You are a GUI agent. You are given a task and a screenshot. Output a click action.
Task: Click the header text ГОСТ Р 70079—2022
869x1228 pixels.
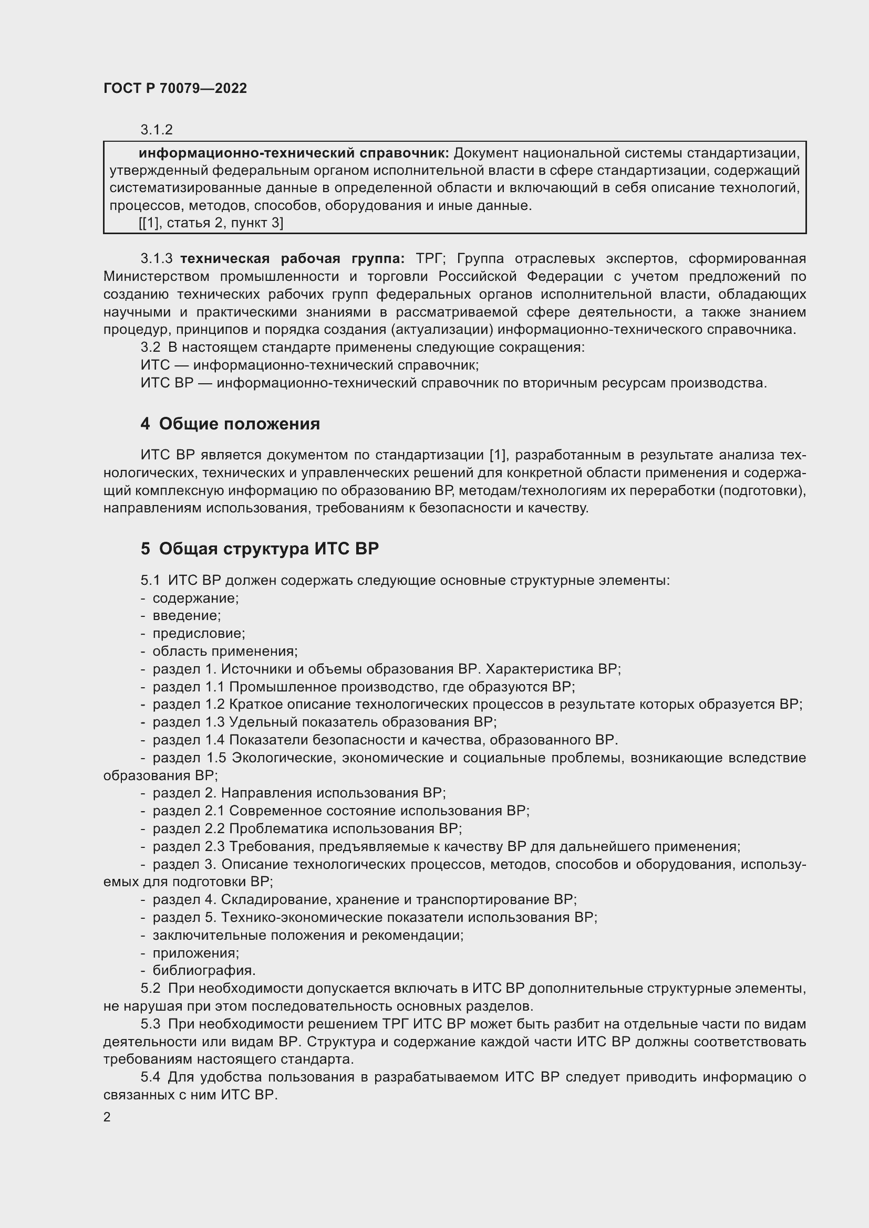coord(175,88)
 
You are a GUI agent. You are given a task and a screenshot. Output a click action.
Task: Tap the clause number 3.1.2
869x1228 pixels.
coord(156,130)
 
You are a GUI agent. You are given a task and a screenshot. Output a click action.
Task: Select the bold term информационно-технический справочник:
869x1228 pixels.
coord(294,153)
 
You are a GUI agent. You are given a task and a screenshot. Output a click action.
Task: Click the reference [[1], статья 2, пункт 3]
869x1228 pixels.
coord(211,223)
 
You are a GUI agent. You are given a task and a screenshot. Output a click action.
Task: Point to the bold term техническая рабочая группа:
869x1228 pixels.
coord(292,259)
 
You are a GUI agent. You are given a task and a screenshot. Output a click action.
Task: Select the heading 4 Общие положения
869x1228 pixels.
coord(230,424)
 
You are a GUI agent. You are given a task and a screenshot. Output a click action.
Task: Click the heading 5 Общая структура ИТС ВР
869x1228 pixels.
coord(260,549)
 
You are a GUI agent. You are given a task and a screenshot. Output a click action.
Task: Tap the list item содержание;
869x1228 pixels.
coord(195,598)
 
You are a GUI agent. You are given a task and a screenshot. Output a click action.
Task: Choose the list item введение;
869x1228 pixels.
coord(186,616)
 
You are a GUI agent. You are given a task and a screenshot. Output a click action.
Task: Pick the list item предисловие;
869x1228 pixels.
coord(199,633)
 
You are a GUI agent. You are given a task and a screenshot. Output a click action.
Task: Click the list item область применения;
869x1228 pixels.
coord(225,651)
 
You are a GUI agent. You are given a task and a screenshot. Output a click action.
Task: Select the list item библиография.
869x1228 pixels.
coord(204,970)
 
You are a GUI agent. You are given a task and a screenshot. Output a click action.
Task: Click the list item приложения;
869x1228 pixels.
coord(195,952)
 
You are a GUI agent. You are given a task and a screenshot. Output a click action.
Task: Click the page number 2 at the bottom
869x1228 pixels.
coord(107,1117)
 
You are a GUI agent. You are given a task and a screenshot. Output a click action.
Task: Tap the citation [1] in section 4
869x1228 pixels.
coord(498,455)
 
